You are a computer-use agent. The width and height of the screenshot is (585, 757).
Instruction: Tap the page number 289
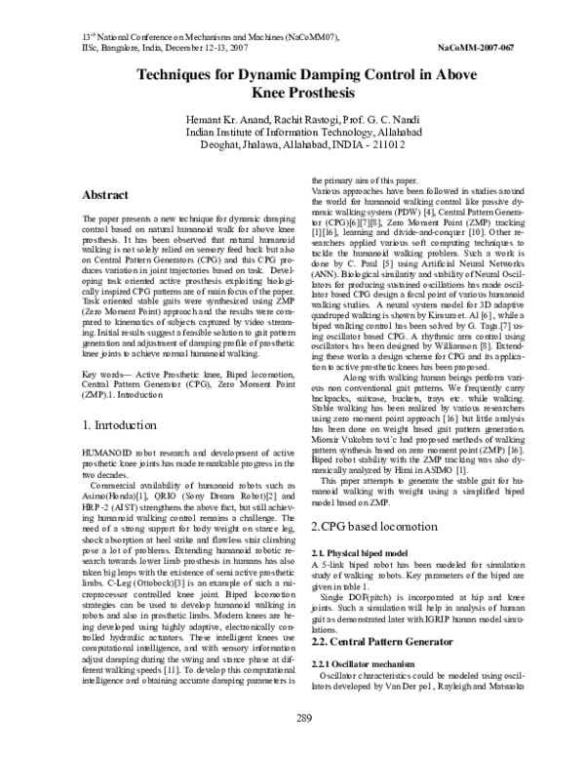[x=292, y=745]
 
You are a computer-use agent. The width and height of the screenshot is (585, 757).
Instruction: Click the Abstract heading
[x=109, y=195]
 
